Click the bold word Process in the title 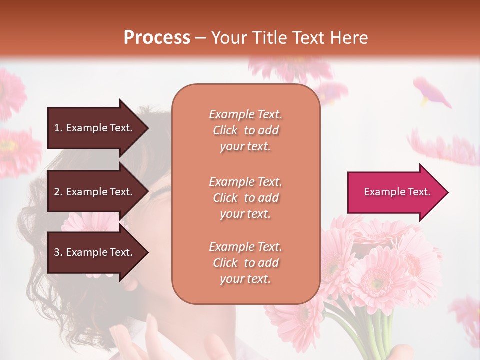pos(156,38)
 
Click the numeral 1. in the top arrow pos(58,128)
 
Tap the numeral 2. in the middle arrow pos(58,192)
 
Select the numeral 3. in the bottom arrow pos(58,252)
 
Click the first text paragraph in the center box pos(245,130)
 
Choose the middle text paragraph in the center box pos(245,198)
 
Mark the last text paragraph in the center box pos(245,263)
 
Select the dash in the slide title pos(200,38)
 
